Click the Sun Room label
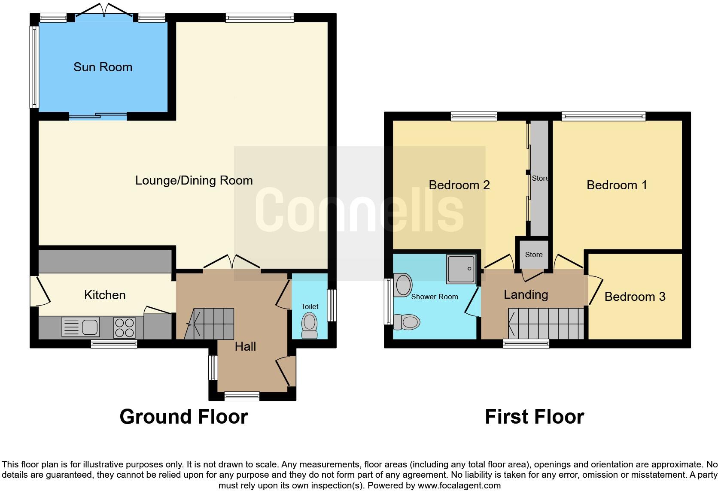[103, 67]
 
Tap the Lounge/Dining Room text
[194, 180]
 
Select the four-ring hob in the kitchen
[124, 327]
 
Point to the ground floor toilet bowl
[309, 325]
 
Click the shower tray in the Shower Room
[461, 269]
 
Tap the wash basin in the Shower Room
[403, 285]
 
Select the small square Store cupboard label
[533, 255]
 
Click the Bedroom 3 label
[635, 297]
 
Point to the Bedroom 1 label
[617, 185]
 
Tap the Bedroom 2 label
[459, 185]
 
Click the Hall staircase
[210, 324]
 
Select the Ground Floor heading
[183, 417]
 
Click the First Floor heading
[534, 417]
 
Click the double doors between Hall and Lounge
[232, 263]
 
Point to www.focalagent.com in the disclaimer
[459, 485]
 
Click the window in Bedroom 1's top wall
[603, 116]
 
